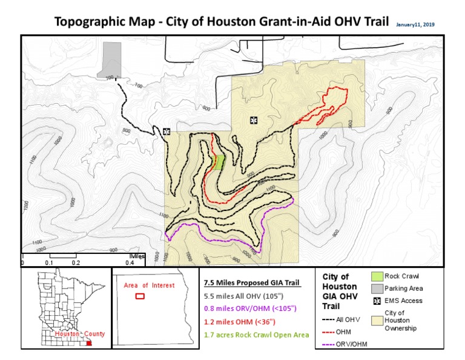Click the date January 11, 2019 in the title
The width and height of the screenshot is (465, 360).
coord(415,25)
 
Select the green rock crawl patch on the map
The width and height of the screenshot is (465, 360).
coord(220,162)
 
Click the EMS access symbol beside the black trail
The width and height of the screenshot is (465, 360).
coord(167,131)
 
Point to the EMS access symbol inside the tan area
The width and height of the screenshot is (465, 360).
coord(252,120)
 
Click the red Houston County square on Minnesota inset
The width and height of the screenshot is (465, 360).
coord(90,343)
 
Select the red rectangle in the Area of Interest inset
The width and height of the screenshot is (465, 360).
coord(140,296)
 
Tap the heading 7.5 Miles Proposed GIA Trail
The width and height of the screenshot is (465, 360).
coord(252,283)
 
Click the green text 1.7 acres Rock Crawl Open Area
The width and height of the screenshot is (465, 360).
coord(257,335)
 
